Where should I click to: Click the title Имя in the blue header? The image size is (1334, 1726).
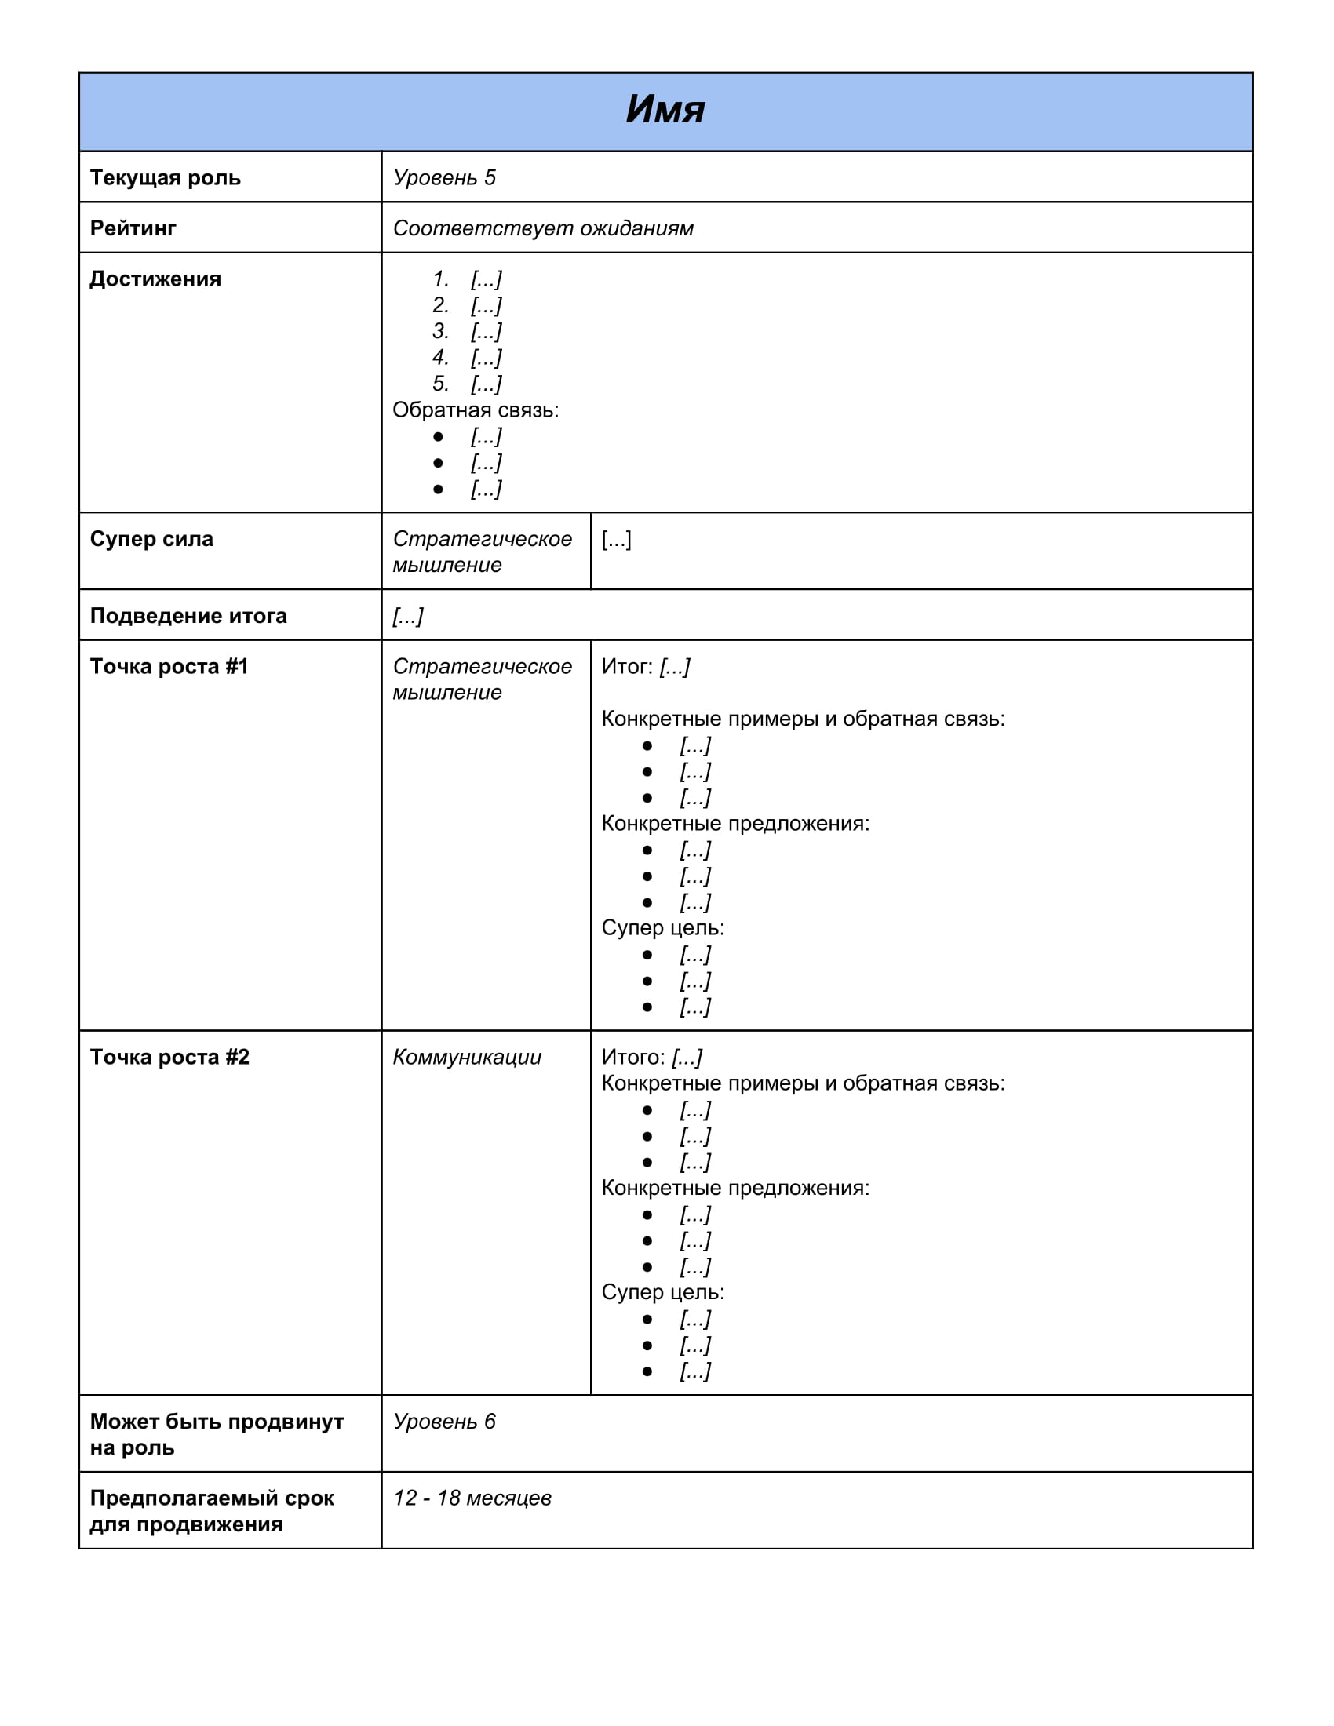(x=665, y=110)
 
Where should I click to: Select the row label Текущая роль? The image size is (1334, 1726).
(x=165, y=178)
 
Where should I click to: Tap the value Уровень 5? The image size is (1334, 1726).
(x=444, y=178)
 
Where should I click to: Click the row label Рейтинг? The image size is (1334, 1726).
(x=133, y=228)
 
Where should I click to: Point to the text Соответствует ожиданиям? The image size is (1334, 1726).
(x=543, y=228)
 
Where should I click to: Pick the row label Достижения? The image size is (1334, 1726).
(x=155, y=279)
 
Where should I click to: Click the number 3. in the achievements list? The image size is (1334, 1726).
(x=440, y=331)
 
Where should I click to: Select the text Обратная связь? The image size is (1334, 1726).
(x=475, y=410)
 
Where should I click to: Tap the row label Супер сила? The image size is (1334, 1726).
(x=151, y=539)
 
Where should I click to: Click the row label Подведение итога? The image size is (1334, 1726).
(x=188, y=616)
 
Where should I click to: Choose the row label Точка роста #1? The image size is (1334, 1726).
(x=169, y=666)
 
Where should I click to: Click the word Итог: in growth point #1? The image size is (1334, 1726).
(x=627, y=666)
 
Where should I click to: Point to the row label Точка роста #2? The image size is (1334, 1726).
(x=169, y=1057)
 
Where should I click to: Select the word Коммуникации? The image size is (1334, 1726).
(x=466, y=1057)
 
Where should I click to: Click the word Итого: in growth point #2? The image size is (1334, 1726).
(x=633, y=1057)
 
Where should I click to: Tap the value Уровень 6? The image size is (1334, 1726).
(x=444, y=1421)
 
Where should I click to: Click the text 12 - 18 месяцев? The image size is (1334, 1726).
(x=472, y=1498)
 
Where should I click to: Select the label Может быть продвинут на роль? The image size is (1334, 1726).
(x=216, y=1433)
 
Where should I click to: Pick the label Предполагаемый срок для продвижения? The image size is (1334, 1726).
(x=211, y=1510)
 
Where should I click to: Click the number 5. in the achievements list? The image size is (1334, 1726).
(x=440, y=384)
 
